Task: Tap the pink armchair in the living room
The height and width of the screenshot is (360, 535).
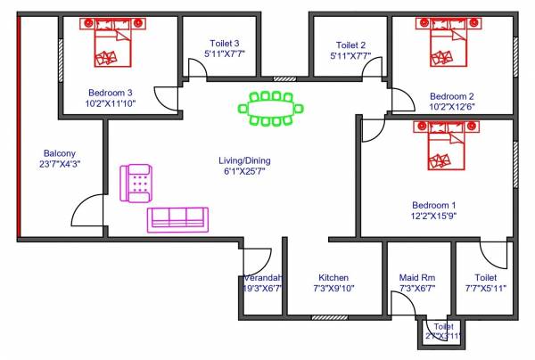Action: [137, 183]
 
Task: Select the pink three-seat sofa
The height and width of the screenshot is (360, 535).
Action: [177, 219]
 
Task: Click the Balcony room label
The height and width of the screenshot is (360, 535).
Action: [60, 152]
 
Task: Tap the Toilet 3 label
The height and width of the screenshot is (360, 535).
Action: [225, 42]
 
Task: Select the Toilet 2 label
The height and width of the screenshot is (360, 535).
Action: [351, 44]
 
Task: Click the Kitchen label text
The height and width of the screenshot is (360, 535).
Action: [333, 277]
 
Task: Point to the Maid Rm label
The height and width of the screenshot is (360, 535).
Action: [416, 277]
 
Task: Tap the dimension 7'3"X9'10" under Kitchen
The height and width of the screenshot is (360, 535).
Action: [333, 289]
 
